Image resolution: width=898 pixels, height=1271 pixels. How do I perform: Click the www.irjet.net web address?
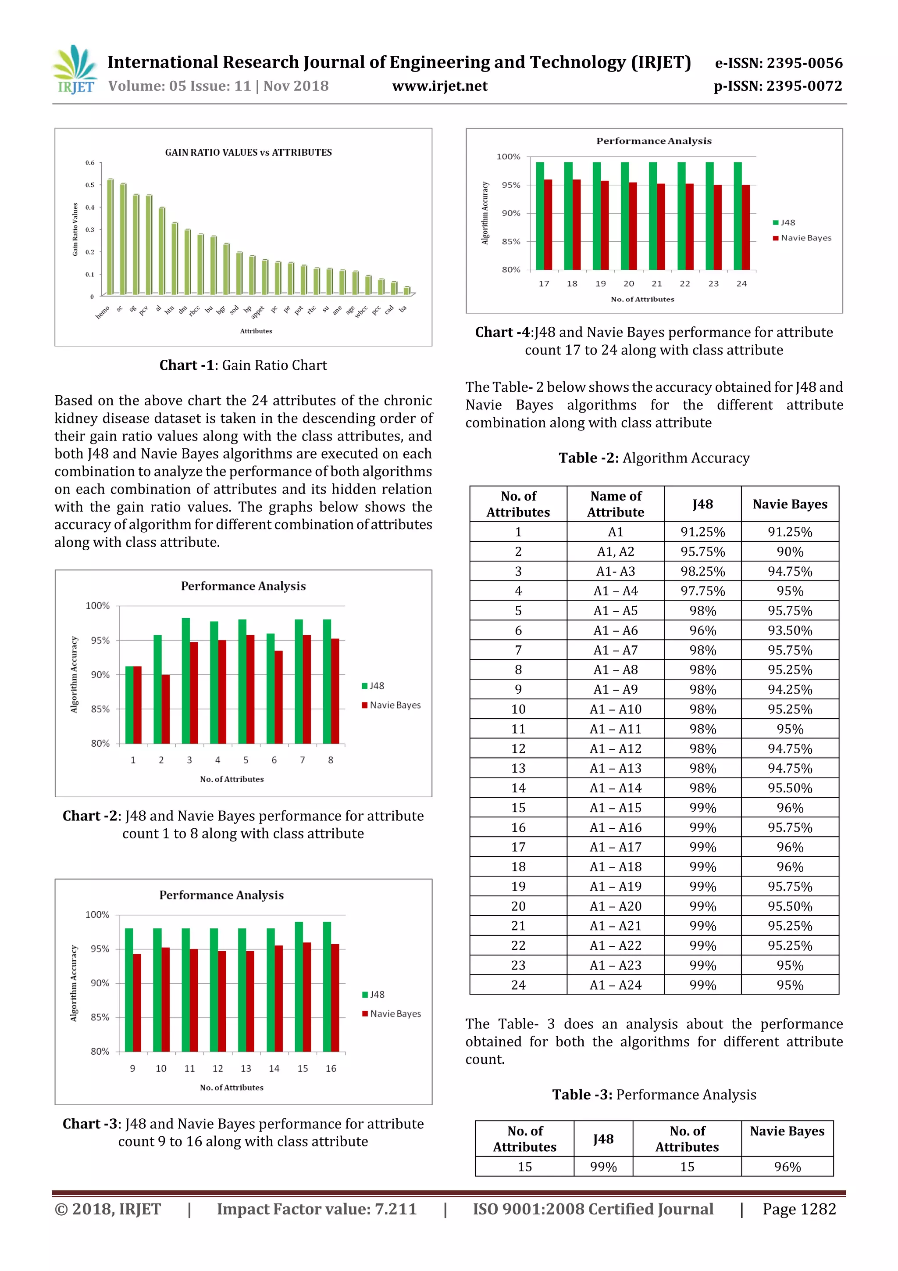[439, 86]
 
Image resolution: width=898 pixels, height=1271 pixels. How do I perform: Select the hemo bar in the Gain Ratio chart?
[110, 236]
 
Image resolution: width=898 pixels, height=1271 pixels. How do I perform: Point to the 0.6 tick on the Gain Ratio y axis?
[89, 163]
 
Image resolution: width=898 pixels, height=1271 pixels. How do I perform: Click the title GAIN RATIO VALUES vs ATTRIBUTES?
[249, 152]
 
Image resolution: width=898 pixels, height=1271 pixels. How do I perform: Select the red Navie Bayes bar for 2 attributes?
[165, 709]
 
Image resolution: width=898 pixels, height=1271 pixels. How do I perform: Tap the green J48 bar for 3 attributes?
[186, 680]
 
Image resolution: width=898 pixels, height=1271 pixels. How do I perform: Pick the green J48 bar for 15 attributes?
[299, 986]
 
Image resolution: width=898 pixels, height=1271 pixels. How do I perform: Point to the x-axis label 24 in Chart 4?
[741, 283]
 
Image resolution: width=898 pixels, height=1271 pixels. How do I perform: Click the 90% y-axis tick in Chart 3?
[100, 983]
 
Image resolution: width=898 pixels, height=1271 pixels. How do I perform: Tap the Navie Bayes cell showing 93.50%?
[790, 630]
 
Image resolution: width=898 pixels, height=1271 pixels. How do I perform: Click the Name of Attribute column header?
[615, 504]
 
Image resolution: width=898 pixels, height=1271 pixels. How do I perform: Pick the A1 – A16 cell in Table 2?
[615, 827]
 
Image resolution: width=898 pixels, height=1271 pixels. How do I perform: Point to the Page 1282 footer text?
[799, 1209]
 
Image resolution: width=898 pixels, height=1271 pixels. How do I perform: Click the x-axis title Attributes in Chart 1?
[256, 331]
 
